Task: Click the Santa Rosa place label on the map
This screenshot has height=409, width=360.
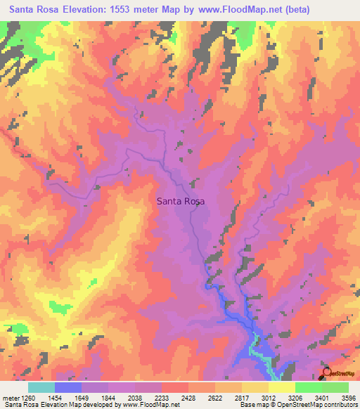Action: tap(180, 202)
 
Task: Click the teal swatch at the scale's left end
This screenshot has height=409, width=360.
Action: tap(41, 387)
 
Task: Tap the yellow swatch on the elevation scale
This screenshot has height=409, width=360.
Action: tap(281, 387)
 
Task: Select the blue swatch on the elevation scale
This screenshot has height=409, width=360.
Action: tap(68, 387)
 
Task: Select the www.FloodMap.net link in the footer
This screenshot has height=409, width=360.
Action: tap(150, 404)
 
